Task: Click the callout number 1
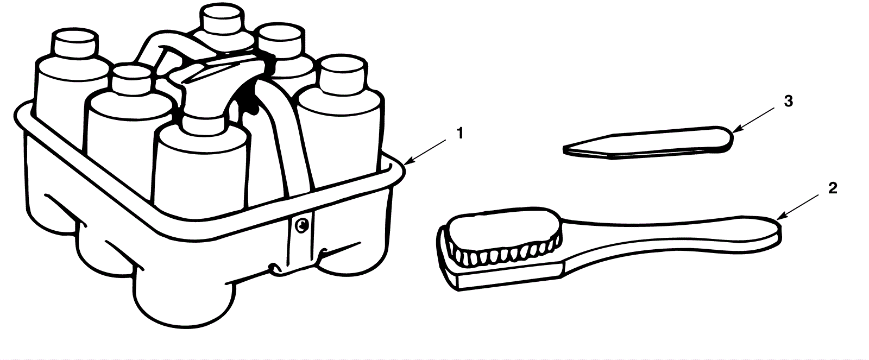(x=459, y=133)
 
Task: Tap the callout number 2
(x=832, y=188)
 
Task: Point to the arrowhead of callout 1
(x=406, y=162)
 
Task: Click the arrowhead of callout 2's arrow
(x=779, y=219)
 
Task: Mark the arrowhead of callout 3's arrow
(x=733, y=132)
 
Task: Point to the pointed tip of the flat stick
(x=566, y=147)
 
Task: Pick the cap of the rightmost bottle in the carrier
(x=341, y=73)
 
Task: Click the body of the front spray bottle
(x=201, y=168)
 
